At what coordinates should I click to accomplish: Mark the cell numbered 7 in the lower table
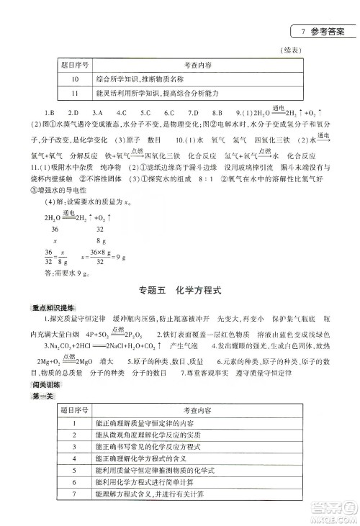click(75, 494)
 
